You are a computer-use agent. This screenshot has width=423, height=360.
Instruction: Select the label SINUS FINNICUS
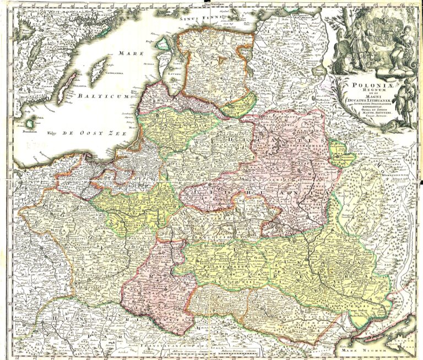coord(198,17)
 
